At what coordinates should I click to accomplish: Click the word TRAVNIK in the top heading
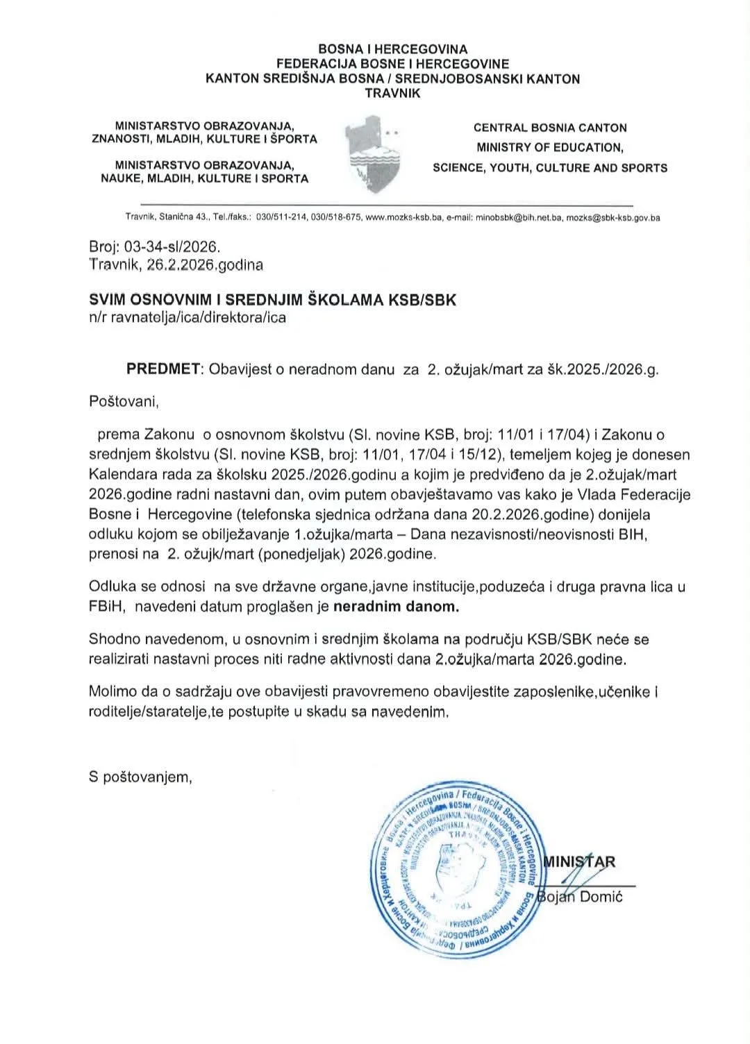(392, 93)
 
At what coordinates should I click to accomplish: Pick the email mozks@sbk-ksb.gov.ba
(612, 217)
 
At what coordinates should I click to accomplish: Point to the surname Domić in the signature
(601, 896)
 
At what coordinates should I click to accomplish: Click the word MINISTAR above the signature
(581, 862)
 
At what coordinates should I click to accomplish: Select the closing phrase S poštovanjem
(140, 777)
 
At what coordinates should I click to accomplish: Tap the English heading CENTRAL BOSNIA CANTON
(550, 128)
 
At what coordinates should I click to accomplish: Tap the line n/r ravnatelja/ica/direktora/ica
(187, 318)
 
